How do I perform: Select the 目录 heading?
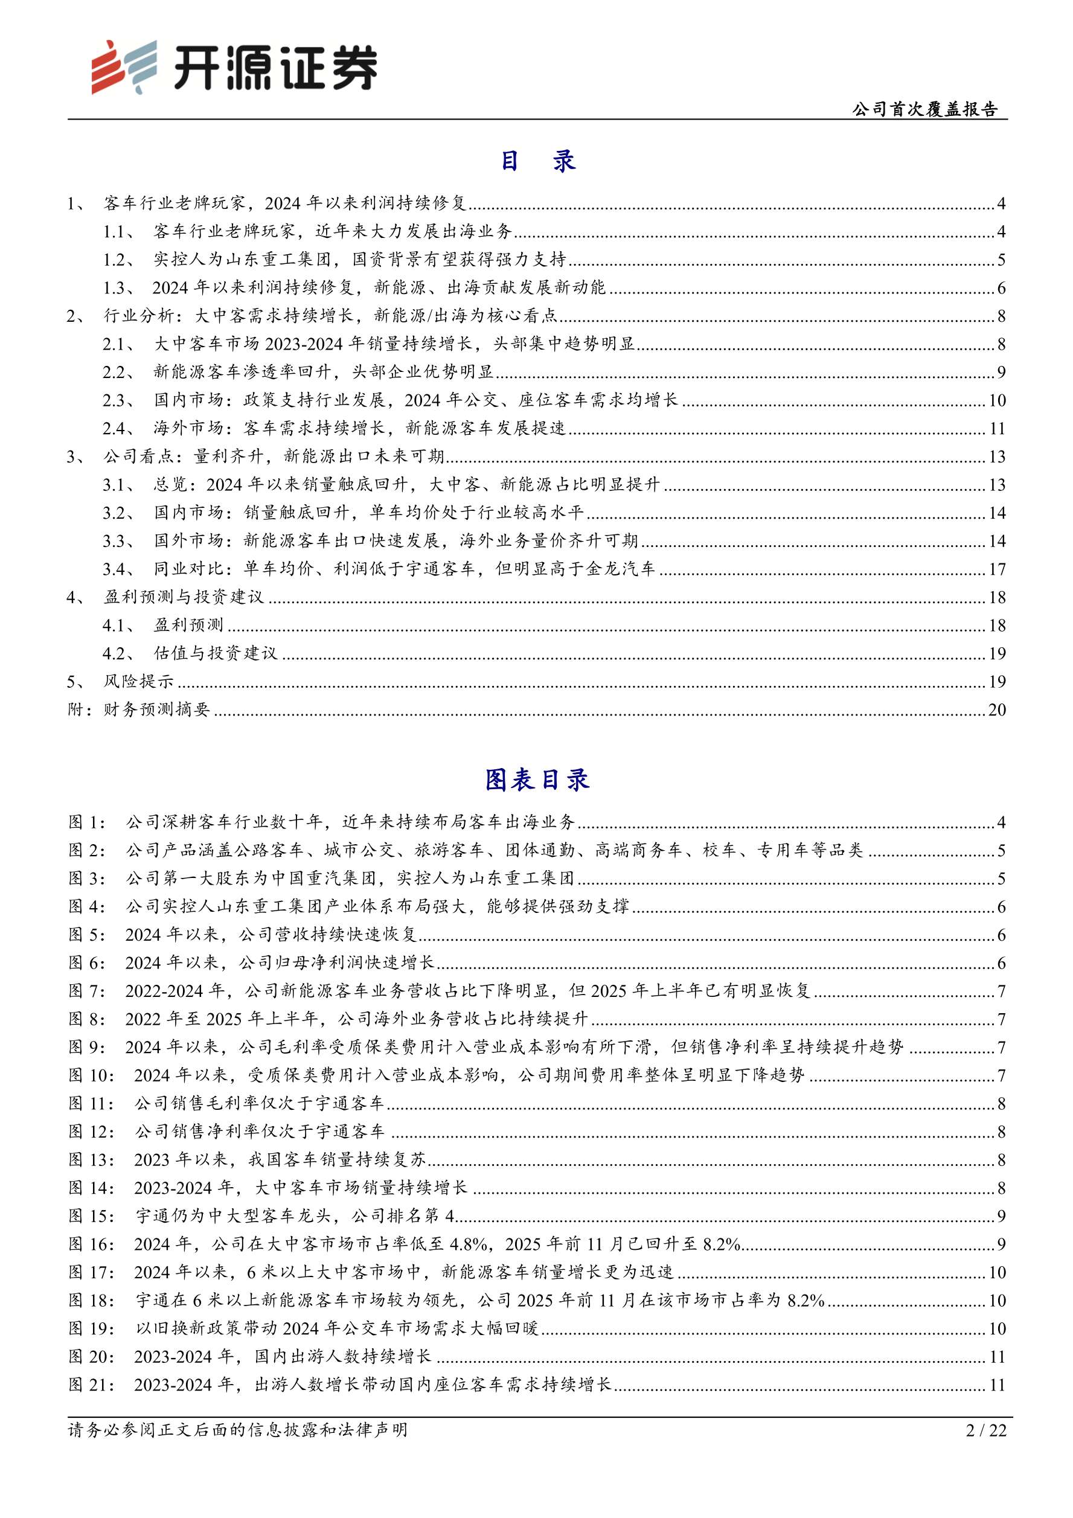[x=536, y=161]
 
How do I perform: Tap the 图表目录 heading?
[x=536, y=780]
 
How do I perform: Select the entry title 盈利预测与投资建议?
[x=184, y=597]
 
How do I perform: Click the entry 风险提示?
[x=139, y=682]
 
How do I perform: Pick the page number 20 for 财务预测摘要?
[x=996, y=710]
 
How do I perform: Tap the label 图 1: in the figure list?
[x=86, y=822]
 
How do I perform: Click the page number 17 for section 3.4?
[x=996, y=569]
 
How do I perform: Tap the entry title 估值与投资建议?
[x=216, y=654]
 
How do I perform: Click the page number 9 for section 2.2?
[x=1001, y=372]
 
